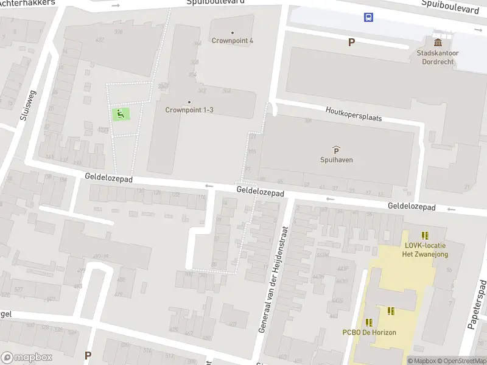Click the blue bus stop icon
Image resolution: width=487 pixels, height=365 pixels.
369,17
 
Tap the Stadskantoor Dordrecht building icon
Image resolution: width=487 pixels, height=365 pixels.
438,42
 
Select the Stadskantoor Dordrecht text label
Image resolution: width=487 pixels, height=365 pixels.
437,57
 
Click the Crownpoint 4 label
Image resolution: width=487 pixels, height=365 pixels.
233,41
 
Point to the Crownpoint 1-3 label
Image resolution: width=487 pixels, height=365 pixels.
189,110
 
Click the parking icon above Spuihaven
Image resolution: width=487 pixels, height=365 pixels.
336,150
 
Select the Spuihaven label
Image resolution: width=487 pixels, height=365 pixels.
337,160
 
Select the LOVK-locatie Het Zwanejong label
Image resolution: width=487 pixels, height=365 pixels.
426,250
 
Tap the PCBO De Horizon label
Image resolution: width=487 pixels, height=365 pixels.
369,332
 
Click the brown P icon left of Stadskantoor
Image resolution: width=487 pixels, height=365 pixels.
351,42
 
